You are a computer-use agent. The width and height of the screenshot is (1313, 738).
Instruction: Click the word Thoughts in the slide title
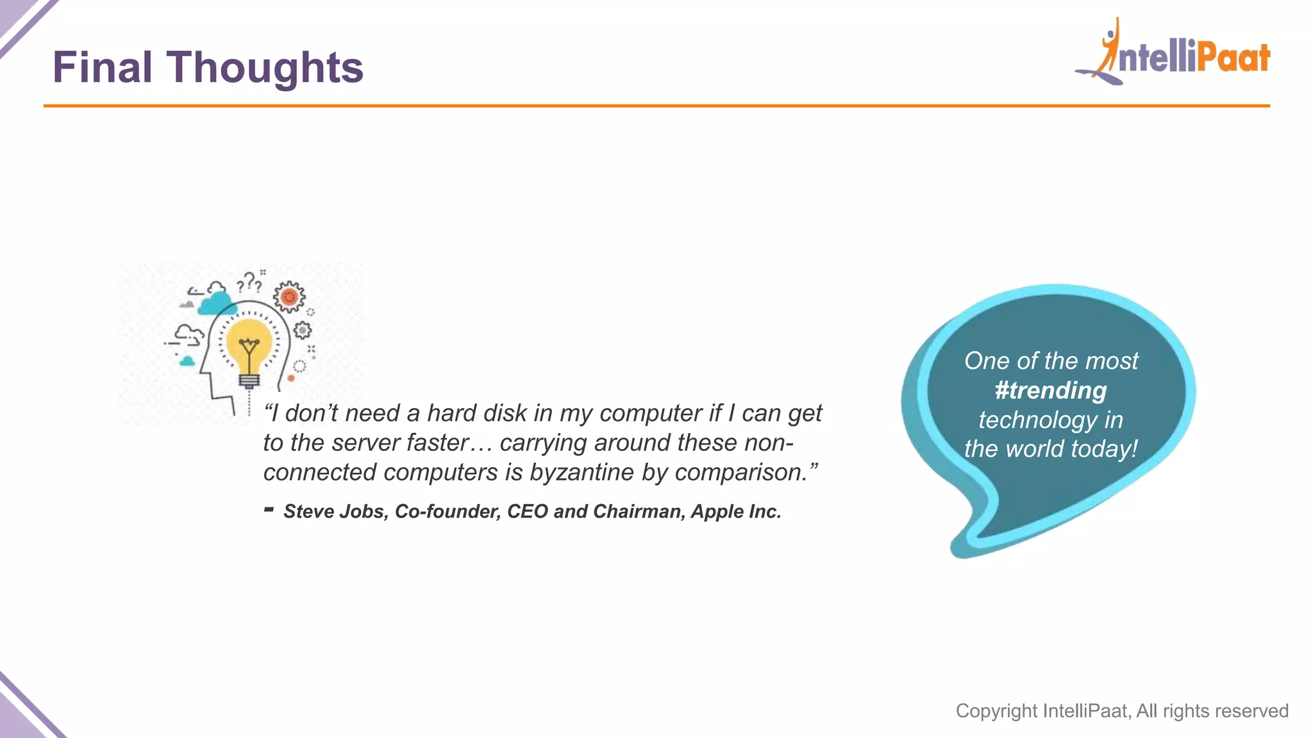(265, 68)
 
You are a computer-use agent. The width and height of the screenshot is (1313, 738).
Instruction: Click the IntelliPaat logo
(1173, 54)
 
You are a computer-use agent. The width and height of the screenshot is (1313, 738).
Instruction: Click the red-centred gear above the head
(289, 297)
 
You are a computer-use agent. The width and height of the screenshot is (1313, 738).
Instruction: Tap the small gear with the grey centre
(303, 331)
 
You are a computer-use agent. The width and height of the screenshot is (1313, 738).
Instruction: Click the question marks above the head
(249, 283)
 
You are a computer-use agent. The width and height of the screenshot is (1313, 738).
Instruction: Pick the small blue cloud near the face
(187, 362)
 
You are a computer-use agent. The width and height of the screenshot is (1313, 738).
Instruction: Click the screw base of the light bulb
(249, 381)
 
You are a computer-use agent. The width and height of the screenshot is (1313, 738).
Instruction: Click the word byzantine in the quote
(582, 473)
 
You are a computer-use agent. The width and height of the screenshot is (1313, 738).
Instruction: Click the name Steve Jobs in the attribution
(335, 512)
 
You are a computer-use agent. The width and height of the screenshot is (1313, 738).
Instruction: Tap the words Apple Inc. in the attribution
(735, 512)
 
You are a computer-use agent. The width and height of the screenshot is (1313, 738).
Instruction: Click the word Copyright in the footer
(996, 711)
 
